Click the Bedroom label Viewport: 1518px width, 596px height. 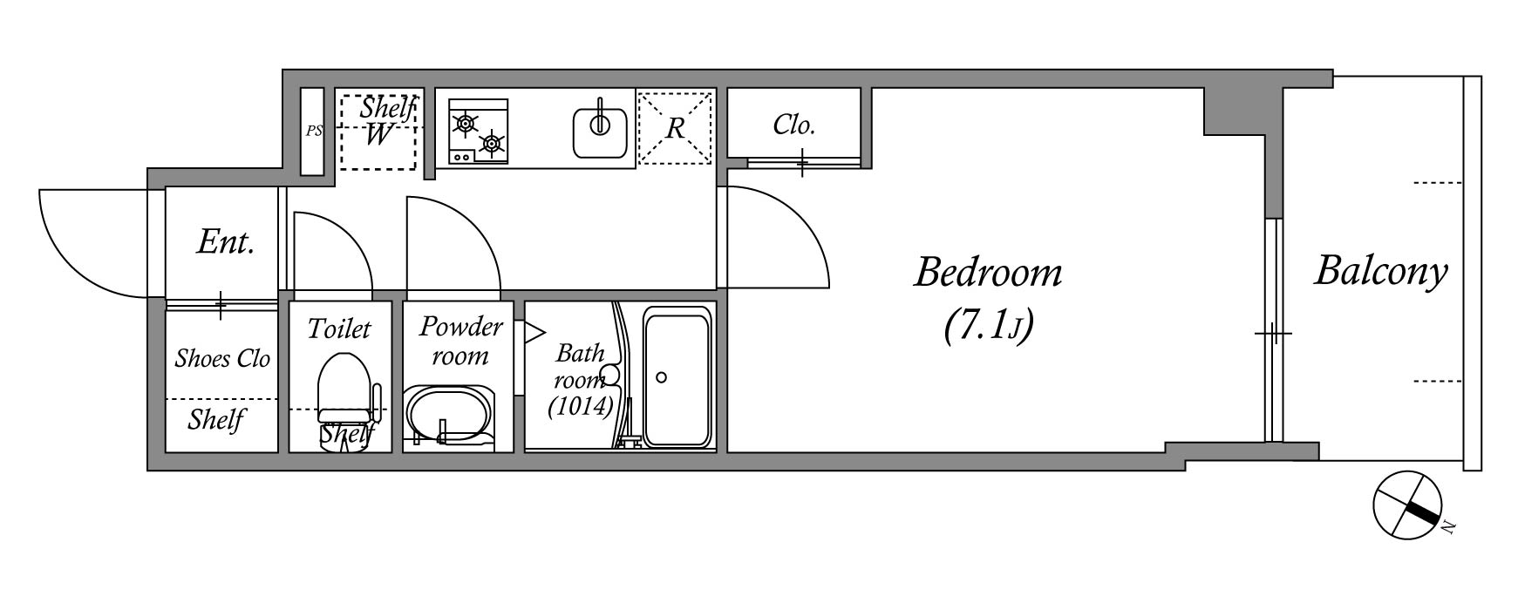[988, 274]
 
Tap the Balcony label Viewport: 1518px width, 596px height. [1381, 271]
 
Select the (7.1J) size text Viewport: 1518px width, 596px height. [988, 326]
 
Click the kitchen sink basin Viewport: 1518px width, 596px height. [601, 131]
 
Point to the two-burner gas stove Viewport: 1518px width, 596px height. [478, 131]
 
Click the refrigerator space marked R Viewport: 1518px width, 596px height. [675, 128]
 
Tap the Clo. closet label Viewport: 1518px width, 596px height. [793, 125]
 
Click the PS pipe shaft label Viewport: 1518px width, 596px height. [314, 131]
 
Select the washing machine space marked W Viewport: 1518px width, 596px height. [378, 135]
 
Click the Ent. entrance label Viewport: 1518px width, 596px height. [226, 241]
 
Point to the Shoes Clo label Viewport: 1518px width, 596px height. [222, 358]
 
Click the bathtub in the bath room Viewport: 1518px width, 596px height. [677, 377]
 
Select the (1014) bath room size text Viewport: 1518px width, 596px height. [581, 407]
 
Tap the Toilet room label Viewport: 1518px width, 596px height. [339, 328]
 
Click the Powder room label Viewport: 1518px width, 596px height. [460, 341]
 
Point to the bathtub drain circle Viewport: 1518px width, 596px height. [662, 377]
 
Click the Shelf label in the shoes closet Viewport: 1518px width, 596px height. [216, 420]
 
